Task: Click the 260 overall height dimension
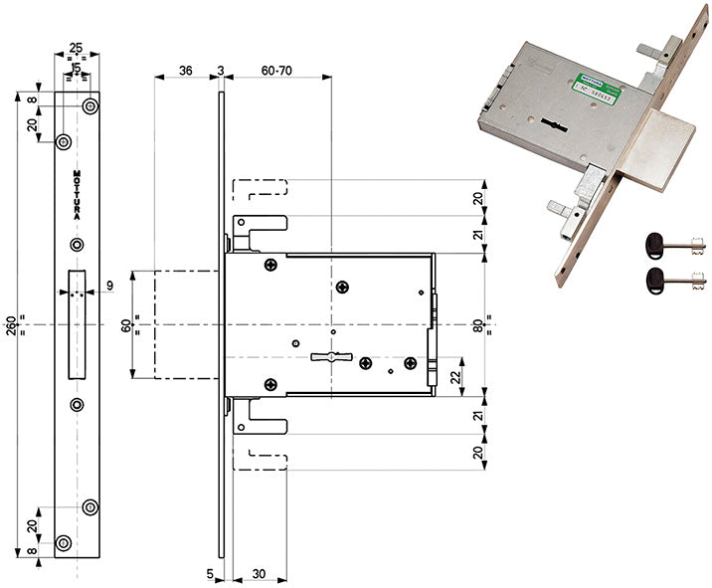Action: pos(11,322)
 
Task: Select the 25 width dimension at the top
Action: pos(76,48)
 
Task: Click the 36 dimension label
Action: pos(185,71)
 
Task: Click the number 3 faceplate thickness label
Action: pos(220,71)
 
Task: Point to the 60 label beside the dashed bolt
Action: pos(125,322)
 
